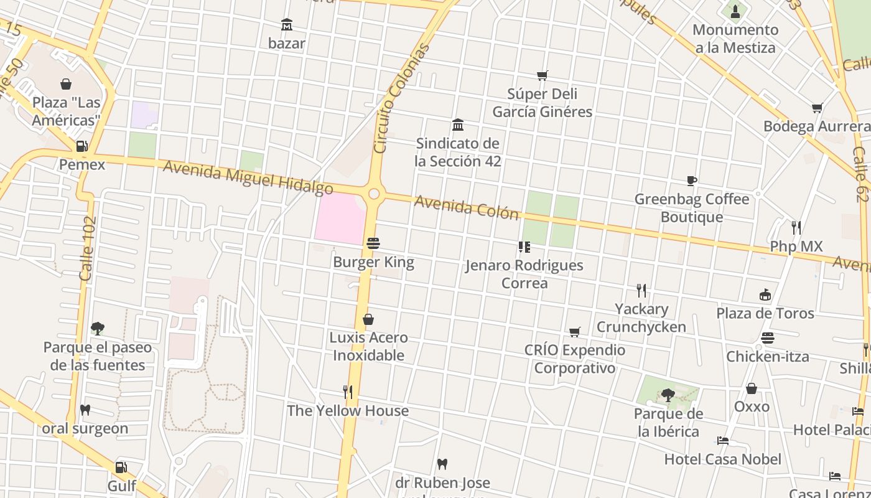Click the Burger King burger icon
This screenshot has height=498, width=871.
(373, 243)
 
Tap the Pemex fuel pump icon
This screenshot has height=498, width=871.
(82, 147)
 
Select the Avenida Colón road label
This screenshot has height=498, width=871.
(466, 207)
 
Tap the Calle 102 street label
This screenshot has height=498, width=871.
(88, 248)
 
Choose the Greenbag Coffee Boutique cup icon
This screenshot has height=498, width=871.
(691, 181)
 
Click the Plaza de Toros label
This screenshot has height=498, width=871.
(765, 312)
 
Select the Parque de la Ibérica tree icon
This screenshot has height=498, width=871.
(668, 395)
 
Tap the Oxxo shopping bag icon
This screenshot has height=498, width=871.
(752, 389)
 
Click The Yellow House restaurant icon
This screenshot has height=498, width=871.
(348, 392)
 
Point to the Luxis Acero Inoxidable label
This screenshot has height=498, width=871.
(368, 347)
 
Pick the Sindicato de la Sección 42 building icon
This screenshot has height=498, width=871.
(458, 125)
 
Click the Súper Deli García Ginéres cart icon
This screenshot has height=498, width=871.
(542, 76)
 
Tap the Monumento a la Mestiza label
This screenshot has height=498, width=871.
(735, 39)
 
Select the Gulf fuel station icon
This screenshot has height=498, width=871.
(121, 467)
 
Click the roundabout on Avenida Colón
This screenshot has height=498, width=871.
(373, 194)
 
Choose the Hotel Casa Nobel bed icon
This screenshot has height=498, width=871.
(722, 441)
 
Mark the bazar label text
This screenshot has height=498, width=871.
(286, 43)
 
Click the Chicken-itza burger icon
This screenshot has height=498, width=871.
(768, 338)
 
